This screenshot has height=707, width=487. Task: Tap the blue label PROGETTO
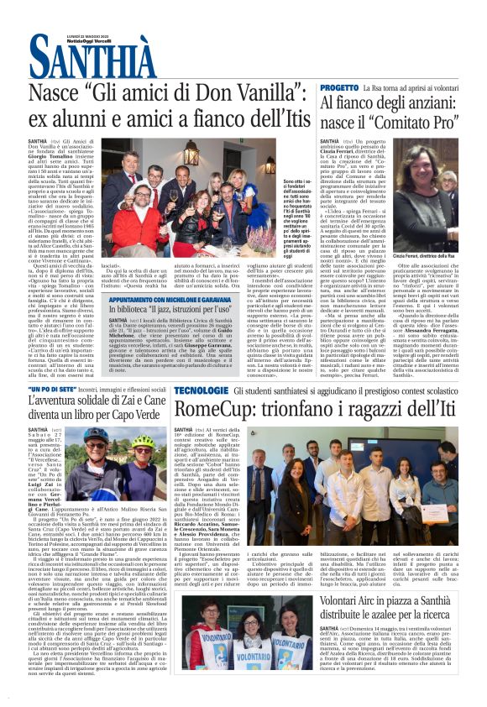click(x=338, y=87)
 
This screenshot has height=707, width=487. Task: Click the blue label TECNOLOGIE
click(x=201, y=391)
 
